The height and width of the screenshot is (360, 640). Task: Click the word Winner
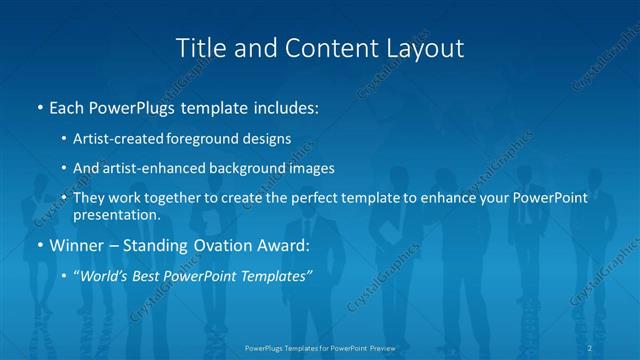[74, 244]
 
